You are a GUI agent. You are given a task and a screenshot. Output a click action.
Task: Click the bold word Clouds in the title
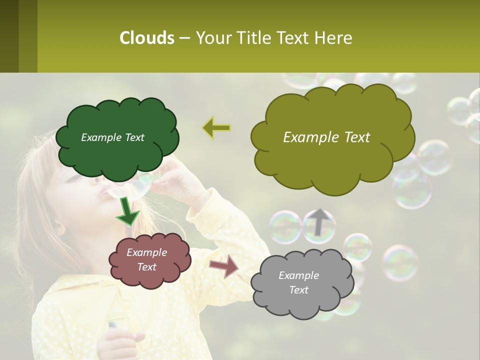146,38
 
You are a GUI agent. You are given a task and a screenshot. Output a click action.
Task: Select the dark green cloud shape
117,137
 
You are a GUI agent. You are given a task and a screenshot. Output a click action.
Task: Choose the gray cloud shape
298,283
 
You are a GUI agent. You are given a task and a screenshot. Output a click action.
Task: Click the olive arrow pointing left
216,128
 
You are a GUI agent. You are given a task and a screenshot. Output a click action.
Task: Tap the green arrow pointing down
127,211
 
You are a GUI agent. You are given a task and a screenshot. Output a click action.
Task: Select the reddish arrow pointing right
224,265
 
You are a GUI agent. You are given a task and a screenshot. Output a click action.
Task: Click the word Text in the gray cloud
298,290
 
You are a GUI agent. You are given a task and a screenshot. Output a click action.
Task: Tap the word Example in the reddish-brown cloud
146,252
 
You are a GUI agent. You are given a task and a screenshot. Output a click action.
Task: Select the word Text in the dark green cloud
133,137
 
